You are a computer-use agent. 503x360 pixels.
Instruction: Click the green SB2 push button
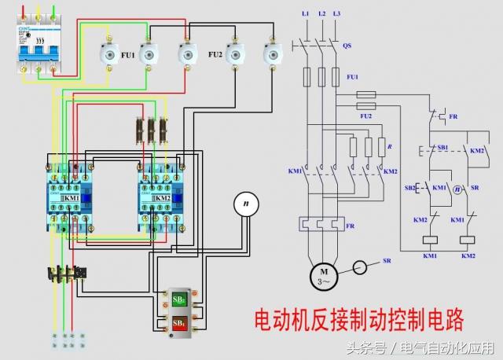[178, 299]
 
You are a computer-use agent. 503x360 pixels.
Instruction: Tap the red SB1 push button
[178, 323]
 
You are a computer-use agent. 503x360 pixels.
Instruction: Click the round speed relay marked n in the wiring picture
[246, 204]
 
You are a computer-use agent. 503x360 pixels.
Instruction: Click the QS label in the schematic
[347, 46]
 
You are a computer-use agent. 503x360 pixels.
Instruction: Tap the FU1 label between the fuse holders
[126, 55]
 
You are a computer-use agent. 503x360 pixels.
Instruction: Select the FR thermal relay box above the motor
[322, 226]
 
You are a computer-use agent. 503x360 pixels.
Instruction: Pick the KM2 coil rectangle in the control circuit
[468, 240]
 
